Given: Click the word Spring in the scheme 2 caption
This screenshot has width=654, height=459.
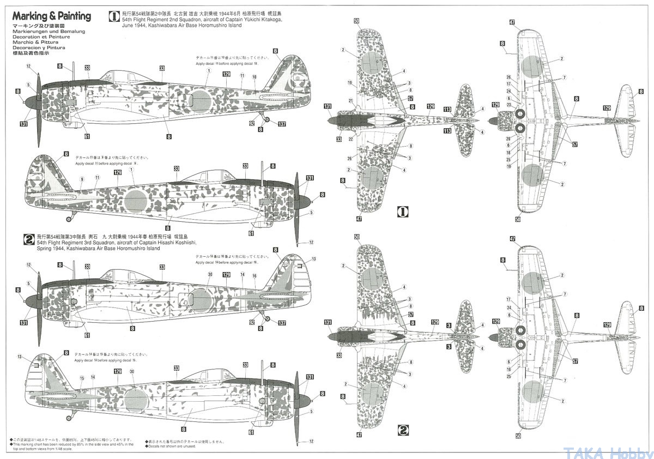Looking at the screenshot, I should [45, 249].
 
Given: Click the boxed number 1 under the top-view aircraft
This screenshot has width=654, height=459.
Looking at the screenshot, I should [403, 211].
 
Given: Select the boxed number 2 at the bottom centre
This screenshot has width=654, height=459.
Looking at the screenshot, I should [403, 430].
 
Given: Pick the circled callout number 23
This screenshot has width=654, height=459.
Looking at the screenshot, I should [508, 105].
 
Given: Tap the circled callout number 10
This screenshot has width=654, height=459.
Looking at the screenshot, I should [255, 77].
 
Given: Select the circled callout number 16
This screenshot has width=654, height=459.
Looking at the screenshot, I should [254, 276].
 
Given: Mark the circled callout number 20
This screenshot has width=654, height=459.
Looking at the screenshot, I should [508, 138].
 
